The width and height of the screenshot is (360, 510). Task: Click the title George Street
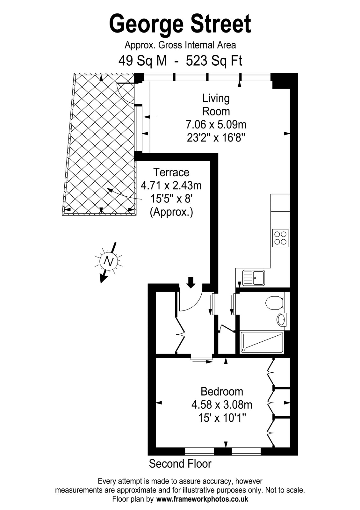pyautogui.click(x=180, y=24)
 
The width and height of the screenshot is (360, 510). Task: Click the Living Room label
pyautogui.click(x=216, y=105)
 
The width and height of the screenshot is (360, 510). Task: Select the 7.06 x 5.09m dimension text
pyautogui.click(x=216, y=124)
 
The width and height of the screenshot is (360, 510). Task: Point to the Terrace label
pyautogui.click(x=171, y=172)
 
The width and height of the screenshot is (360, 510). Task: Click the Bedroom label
pyautogui.click(x=222, y=391)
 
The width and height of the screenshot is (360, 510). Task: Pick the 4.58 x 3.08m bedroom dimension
pyautogui.click(x=222, y=405)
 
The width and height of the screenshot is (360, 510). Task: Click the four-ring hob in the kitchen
pyautogui.click(x=280, y=238)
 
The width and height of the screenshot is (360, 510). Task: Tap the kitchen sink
pyautogui.click(x=253, y=278)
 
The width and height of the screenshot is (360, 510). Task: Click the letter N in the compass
pyautogui.click(x=109, y=261)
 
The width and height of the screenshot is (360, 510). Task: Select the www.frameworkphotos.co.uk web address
pyautogui.click(x=202, y=499)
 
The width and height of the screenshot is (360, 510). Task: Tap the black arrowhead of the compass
pyautogui.click(x=103, y=279)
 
